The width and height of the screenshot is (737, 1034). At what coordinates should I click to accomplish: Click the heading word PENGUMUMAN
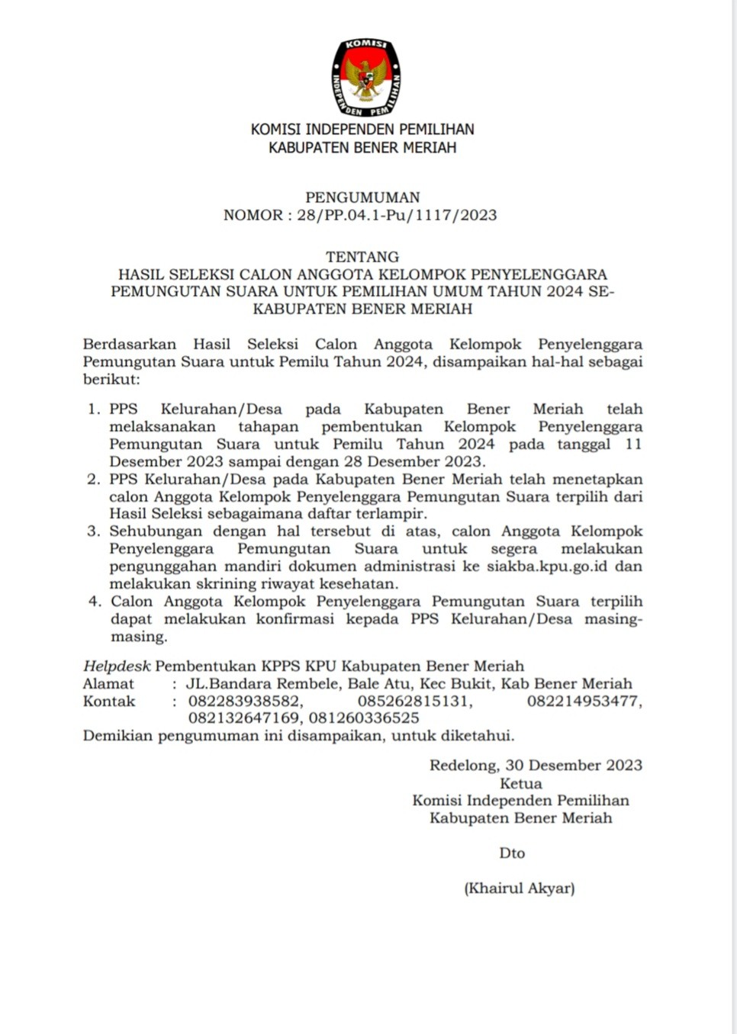(362, 197)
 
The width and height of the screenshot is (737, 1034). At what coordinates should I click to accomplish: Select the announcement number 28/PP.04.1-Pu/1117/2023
(397, 215)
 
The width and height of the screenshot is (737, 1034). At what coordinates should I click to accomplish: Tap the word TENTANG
(362, 257)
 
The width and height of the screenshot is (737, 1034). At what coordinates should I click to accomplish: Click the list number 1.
(94, 409)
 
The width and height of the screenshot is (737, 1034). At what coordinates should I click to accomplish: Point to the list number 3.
(94, 531)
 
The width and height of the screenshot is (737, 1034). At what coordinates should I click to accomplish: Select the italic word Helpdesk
(117, 666)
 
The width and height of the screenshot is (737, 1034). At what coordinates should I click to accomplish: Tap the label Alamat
(108, 684)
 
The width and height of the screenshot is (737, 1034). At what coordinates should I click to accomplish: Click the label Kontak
(109, 702)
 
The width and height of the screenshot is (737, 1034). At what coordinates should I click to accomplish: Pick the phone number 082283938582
(246, 702)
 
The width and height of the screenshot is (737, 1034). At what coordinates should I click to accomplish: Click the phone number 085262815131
(414, 702)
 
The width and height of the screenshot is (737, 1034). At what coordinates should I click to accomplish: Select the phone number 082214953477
(584, 702)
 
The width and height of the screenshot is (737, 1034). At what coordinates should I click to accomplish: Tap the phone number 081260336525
(364, 718)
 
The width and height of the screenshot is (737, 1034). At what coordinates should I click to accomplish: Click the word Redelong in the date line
(462, 766)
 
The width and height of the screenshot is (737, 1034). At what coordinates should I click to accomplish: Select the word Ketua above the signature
(521, 784)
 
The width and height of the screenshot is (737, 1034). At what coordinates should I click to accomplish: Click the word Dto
(512, 853)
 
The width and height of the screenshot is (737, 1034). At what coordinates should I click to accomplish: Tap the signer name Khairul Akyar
(520, 888)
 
